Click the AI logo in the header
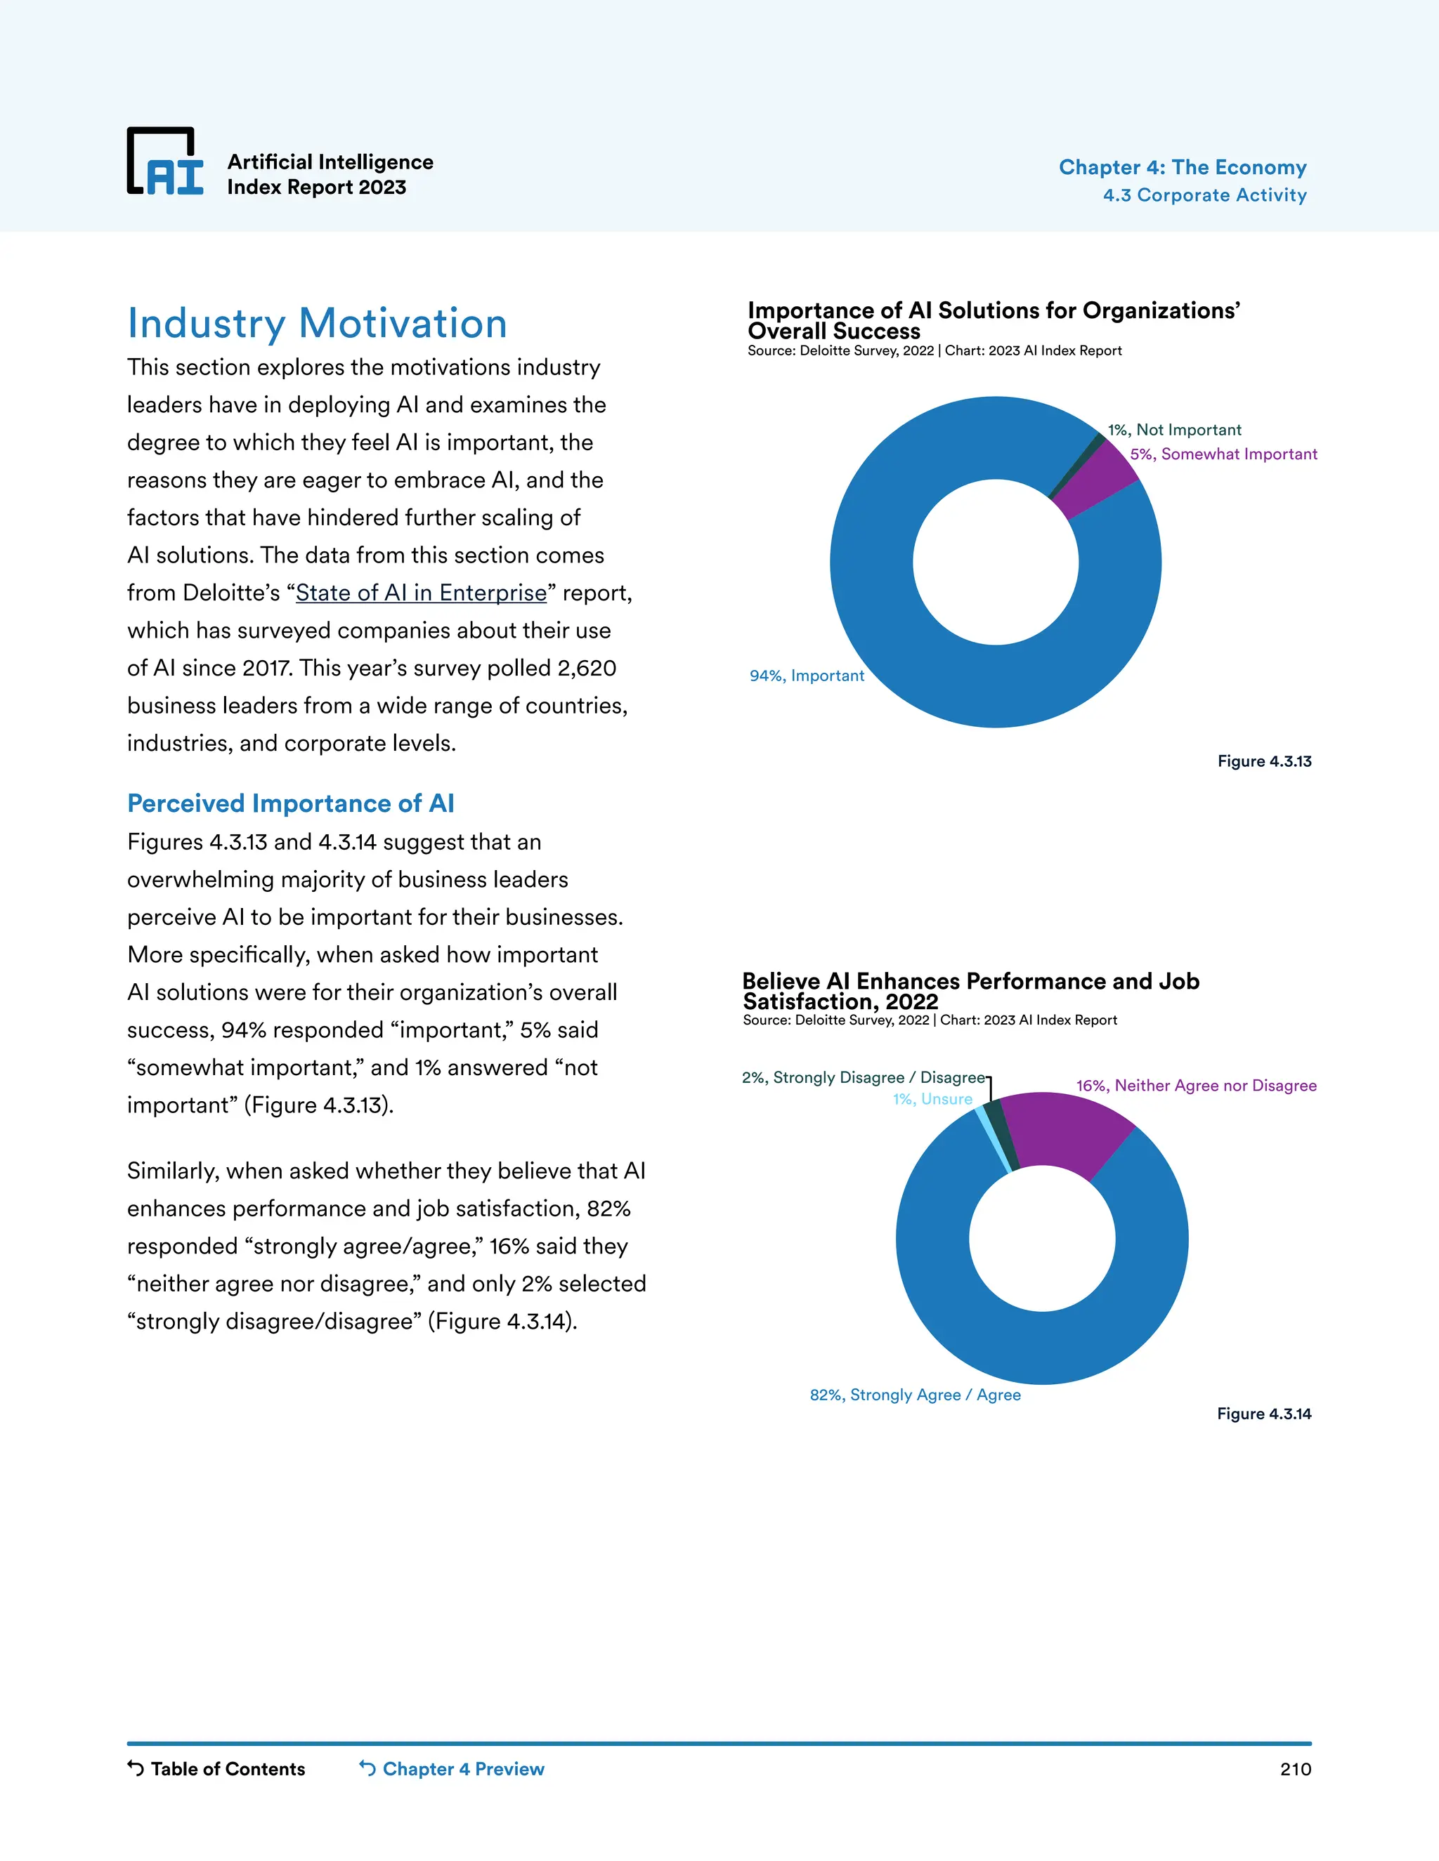[165, 162]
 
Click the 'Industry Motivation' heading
[317, 324]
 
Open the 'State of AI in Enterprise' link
[421, 593]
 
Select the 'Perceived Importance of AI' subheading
[291, 803]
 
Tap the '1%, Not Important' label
[1174, 430]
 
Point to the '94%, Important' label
[807, 676]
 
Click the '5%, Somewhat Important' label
[1223, 454]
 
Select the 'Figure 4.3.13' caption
[1263, 761]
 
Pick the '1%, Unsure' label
[932, 1099]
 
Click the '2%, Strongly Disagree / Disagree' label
[863, 1078]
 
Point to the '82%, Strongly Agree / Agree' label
[915, 1395]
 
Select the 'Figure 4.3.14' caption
[1263, 1414]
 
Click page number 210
[1294, 1769]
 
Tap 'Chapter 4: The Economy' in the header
[1182, 167]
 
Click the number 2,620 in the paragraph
[587, 668]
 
